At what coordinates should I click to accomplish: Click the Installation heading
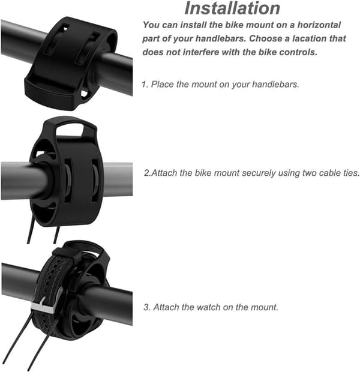232,8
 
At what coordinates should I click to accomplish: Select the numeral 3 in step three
146,307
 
